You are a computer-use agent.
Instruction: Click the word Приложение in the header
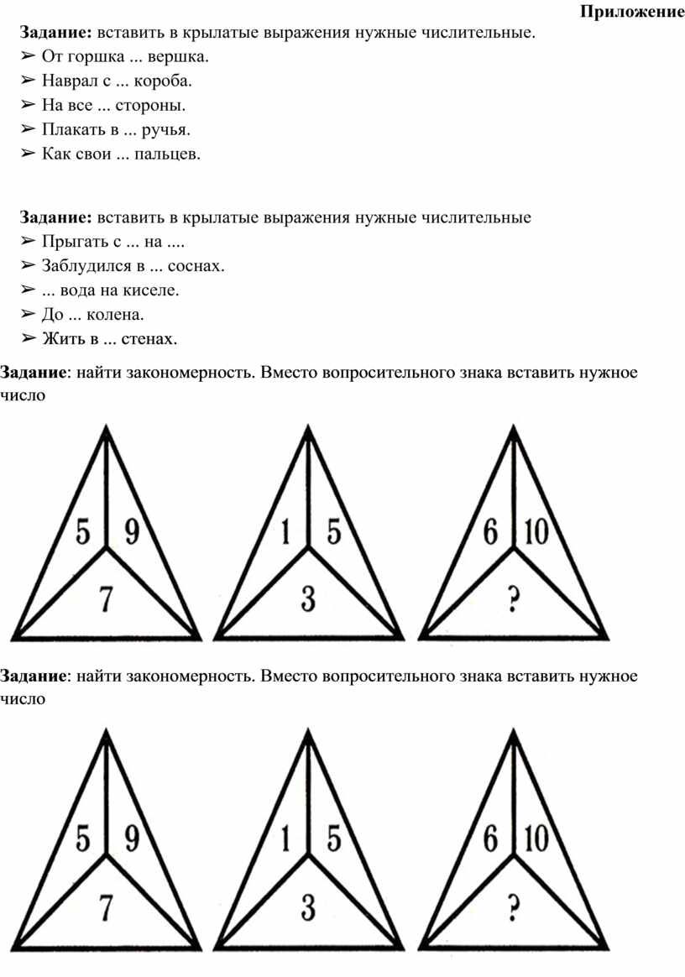pos(632,13)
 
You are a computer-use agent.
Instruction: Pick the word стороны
pos(154,106)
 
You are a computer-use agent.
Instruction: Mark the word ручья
pos(166,130)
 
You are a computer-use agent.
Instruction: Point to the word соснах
pos(196,266)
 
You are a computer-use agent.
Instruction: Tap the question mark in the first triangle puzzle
pos(515,598)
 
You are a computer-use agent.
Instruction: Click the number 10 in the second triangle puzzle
pos(536,839)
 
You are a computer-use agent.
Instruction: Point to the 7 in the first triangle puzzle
pos(107,598)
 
